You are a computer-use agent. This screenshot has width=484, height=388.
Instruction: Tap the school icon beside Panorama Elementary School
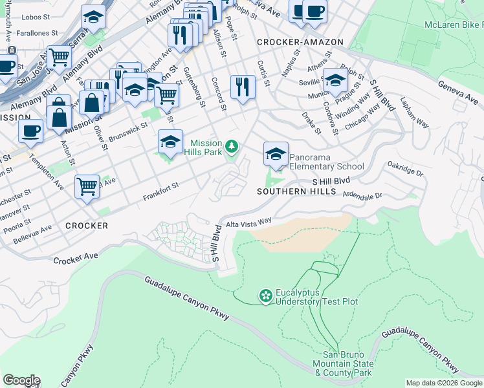pos(276,155)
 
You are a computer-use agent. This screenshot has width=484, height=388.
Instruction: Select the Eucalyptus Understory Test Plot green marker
pos(265,296)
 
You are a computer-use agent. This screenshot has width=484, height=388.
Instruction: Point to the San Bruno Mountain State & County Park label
pos(348,364)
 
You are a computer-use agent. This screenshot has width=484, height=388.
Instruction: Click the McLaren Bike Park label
pos(453,25)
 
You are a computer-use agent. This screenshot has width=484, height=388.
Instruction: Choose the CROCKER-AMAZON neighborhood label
pos(300,42)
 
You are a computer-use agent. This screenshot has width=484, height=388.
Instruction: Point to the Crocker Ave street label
pos(76,257)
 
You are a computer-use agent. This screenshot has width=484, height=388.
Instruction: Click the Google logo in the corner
pos(21,380)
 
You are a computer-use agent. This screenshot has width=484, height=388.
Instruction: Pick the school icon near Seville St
pos(335,81)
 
